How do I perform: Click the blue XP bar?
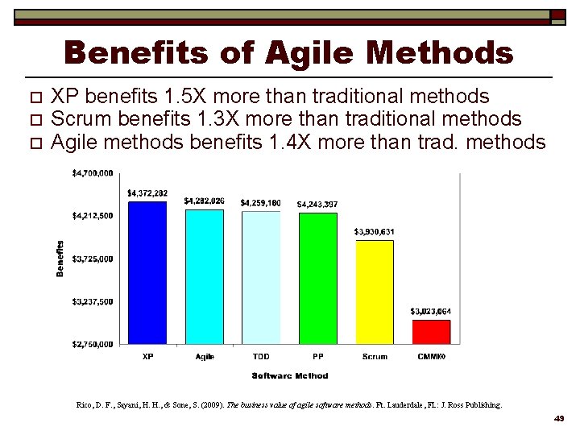tap(147, 273)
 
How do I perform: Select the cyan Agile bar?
tap(204, 277)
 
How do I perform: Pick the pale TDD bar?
tap(261, 278)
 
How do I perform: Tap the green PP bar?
tap(317, 279)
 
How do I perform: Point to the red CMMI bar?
tap(431, 331)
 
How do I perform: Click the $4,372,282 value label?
tap(147, 193)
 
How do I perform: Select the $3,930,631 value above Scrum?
tap(375, 232)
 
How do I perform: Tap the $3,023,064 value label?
tap(431, 311)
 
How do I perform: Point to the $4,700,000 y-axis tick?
tap(93, 172)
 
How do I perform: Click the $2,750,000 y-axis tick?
tap(93, 344)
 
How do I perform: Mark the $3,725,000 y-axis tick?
tap(93, 259)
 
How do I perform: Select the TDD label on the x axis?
tap(261, 356)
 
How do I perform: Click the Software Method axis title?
tap(290, 375)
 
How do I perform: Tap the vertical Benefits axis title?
tap(60, 259)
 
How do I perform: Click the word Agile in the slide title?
tap(309, 54)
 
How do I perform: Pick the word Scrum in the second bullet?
tap(81, 119)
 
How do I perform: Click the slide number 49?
tap(559, 419)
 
